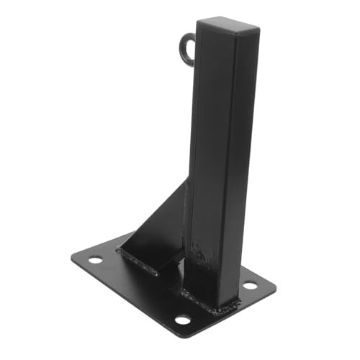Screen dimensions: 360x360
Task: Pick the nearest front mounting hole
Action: coord(183,319)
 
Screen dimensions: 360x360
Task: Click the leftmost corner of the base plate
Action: coord(71,256)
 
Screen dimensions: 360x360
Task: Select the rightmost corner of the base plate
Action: coord(276,282)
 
